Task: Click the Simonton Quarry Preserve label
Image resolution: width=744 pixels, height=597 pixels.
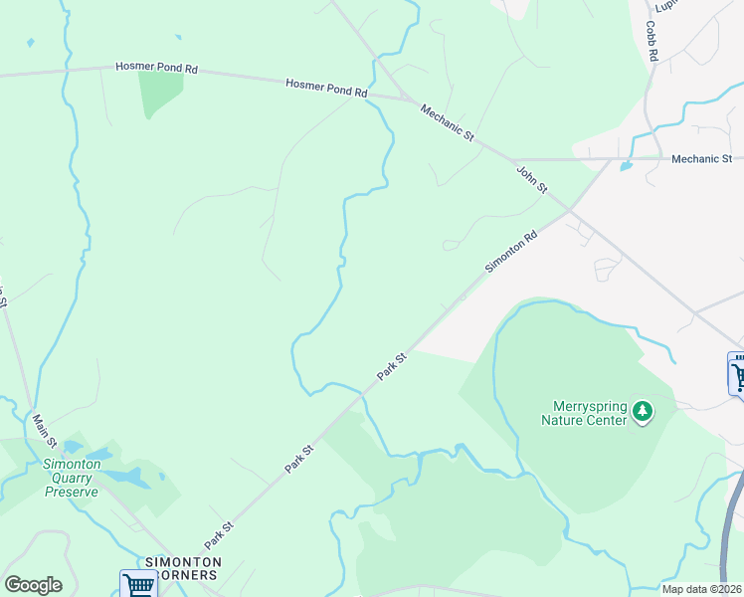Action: (70, 478)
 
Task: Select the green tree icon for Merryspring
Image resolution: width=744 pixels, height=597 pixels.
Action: (643, 410)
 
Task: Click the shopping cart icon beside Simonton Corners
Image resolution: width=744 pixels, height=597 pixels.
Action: (138, 584)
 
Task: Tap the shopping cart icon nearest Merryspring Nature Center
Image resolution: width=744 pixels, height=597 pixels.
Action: (737, 375)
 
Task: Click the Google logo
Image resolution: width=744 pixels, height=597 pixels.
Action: (33, 585)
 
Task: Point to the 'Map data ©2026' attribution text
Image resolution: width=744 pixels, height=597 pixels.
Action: (700, 589)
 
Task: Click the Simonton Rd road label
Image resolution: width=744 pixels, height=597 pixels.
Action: (511, 253)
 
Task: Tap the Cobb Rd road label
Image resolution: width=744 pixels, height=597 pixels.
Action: (652, 43)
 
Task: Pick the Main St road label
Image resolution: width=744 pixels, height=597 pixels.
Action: (45, 430)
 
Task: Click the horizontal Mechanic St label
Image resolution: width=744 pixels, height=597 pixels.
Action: (701, 158)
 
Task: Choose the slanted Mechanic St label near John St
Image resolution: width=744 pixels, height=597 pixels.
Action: (447, 122)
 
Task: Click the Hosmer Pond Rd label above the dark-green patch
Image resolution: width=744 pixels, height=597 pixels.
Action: (157, 68)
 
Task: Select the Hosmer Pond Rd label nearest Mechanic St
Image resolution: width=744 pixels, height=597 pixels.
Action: (326, 88)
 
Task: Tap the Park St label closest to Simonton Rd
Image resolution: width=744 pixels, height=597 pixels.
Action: (393, 365)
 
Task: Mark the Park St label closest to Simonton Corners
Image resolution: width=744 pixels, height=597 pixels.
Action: (219, 534)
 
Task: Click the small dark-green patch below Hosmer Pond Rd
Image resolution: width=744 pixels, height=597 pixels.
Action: (161, 93)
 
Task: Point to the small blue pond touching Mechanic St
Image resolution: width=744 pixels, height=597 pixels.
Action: (626, 165)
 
